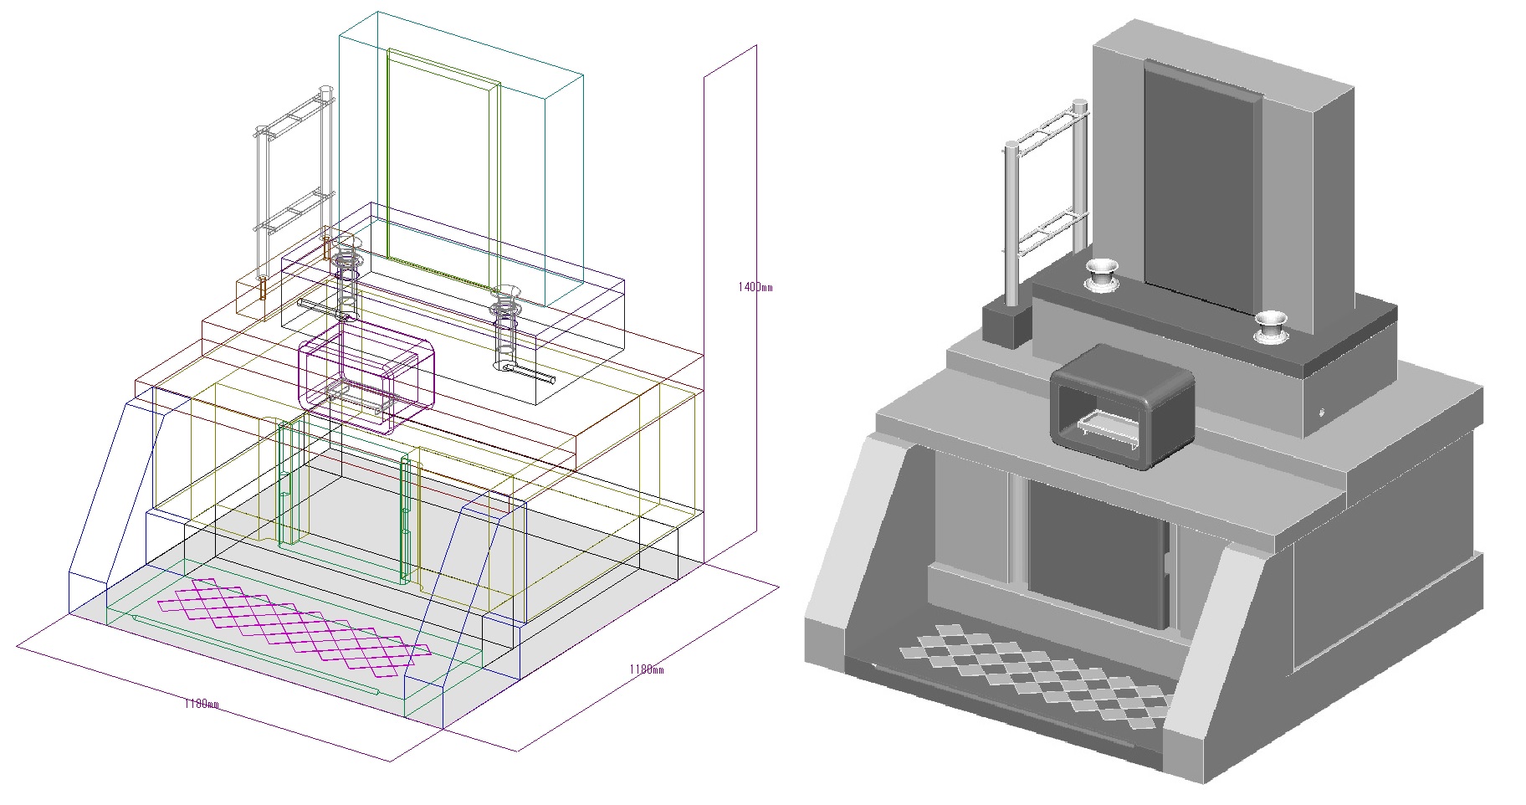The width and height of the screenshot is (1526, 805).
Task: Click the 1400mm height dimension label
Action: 755,287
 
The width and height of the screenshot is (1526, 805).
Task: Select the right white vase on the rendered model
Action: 1270,326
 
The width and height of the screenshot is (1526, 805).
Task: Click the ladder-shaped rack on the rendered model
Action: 1046,184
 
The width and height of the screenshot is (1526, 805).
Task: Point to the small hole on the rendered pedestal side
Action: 1323,412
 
